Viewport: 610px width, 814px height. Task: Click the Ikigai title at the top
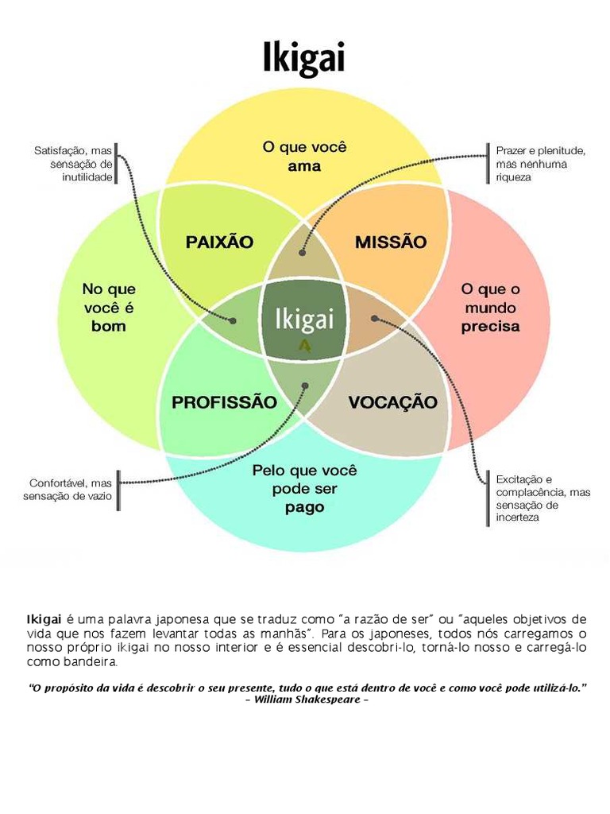point(304,58)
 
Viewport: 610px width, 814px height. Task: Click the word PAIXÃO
point(219,242)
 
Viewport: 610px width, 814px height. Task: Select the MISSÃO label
point(390,242)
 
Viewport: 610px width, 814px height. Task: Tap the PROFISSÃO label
point(224,402)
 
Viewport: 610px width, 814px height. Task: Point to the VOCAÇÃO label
point(392,402)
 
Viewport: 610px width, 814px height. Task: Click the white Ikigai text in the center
point(304,320)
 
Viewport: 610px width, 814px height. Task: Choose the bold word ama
point(304,166)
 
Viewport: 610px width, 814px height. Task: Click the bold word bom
point(109,326)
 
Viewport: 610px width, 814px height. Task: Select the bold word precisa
point(490,326)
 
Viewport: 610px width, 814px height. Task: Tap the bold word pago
point(305,508)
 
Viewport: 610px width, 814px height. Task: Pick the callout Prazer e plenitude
point(540,163)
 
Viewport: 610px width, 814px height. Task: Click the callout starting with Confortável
point(71,489)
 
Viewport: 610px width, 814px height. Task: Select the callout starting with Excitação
point(542,498)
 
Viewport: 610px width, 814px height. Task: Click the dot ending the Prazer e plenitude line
point(302,253)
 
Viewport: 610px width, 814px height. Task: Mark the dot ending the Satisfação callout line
point(234,320)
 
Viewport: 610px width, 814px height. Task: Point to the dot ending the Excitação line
point(374,318)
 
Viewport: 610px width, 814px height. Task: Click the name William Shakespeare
point(306,699)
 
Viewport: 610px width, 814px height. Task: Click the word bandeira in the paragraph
point(95,661)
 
